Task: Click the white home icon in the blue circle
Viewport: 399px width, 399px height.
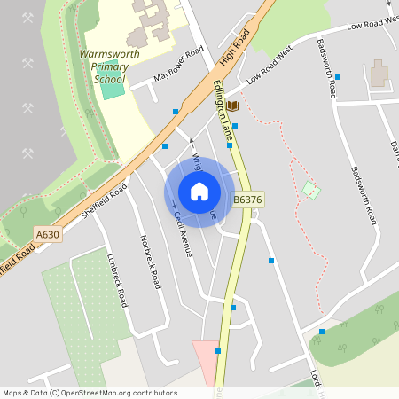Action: [x=199, y=192]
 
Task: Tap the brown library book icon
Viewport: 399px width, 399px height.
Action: [x=232, y=106]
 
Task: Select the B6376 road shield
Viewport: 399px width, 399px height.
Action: [x=248, y=200]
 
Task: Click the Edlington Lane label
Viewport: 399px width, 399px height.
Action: [x=223, y=112]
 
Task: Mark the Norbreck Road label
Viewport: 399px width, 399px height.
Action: [x=151, y=262]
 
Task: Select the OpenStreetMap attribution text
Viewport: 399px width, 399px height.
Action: [x=90, y=392]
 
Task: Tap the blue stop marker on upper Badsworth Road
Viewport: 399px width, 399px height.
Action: [x=338, y=77]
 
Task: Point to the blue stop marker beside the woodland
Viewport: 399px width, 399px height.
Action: [x=322, y=332]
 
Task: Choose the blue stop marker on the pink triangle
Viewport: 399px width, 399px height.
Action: [x=218, y=351]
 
